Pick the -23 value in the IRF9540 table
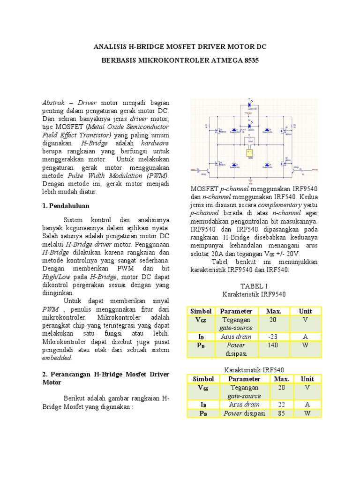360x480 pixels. [273, 337]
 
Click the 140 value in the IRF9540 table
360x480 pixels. [273, 345]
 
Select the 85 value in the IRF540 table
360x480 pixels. [281, 413]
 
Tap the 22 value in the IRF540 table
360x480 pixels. [281, 404]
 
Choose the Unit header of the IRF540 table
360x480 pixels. [307, 379]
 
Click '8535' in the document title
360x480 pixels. [248, 61]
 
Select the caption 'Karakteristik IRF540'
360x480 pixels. [254, 370]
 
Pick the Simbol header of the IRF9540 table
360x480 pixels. [201, 311]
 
